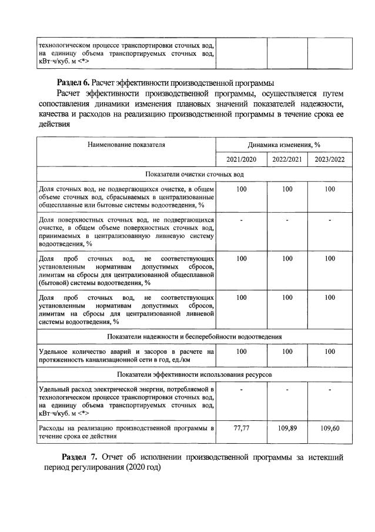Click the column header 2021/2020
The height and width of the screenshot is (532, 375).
(x=241, y=159)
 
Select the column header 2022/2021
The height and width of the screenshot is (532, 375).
(x=287, y=159)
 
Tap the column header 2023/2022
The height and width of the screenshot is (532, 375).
(x=330, y=159)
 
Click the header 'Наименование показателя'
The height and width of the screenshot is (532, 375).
(x=126, y=144)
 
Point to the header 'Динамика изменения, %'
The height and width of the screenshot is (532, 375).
(x=287, y=144)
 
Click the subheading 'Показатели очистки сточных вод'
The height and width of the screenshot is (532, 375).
(x=195, y=174)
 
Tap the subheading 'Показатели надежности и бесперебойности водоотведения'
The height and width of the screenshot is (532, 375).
(x=195, y=336)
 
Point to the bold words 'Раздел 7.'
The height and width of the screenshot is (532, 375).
(x=81, y=457)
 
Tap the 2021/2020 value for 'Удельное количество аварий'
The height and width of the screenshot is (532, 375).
(x=241, y=351)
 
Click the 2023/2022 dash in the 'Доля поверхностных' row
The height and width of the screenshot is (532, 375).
(x=330, y=220)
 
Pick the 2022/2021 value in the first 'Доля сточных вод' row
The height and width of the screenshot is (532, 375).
(x=287, y=189)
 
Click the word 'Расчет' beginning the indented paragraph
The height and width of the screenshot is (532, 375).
(x=69, y=93)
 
